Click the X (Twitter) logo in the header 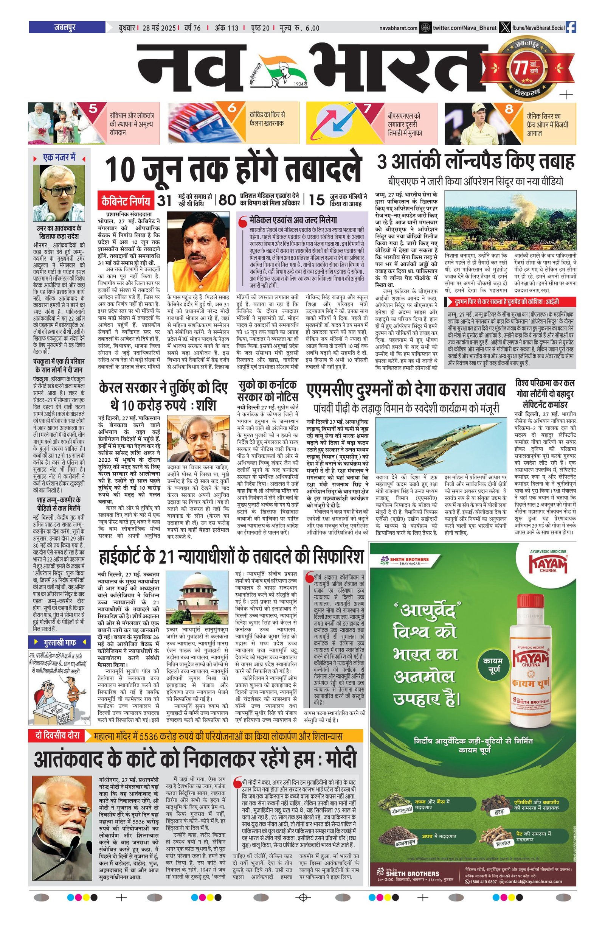click(505, 28)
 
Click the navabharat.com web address click(398, 28)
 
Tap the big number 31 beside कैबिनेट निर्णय click(164, 200)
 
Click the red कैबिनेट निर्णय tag click(126, 201)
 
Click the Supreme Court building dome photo click(197, 598)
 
